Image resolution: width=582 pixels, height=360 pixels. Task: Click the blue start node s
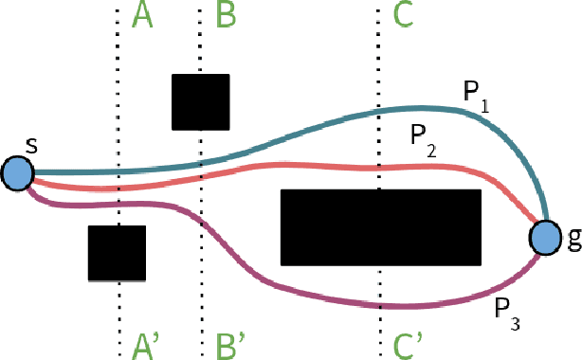(17, 174)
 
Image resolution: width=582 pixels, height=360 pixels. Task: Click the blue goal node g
(545, 238)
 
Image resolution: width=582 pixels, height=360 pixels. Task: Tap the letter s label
(31, 146)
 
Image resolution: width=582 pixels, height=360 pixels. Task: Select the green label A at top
(142, 14)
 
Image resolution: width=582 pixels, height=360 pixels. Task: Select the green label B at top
(227, 14)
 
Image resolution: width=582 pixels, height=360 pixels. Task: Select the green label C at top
(403, 14)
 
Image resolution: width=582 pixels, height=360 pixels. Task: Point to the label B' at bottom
(230, 342)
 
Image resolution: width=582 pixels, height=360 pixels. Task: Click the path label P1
(476, 94)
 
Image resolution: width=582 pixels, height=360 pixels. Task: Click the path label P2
(425, 135)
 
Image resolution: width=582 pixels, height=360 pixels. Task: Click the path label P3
(506, 311)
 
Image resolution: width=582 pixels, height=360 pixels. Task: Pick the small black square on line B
(200, 101)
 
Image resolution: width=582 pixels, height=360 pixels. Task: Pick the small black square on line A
(117, 253)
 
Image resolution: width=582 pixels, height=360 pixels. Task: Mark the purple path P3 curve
(284, 280)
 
